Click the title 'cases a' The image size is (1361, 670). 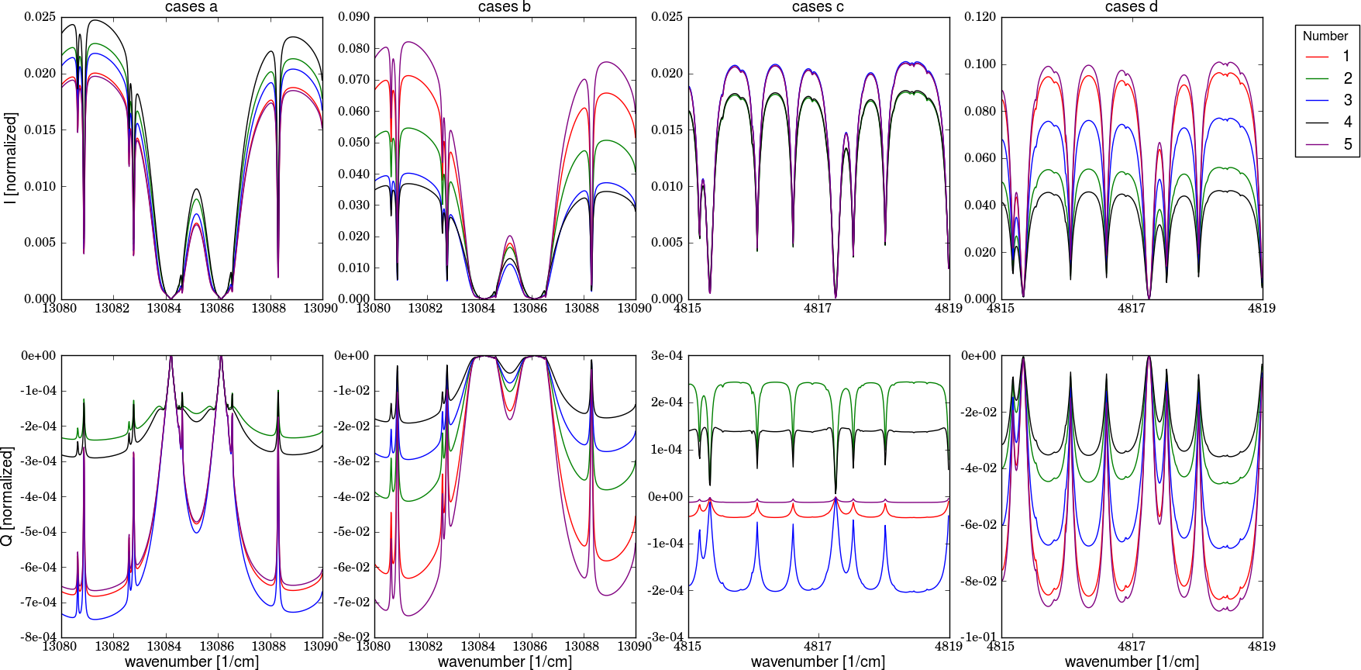[x=191, y=7]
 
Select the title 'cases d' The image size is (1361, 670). [x=1131, y=7]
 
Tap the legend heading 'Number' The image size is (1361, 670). [x=1325, y=36]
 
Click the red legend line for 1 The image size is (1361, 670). [x=1317, y=57]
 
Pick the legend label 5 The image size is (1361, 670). [x=1348, y=144]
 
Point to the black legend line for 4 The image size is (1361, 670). [x=1317, y=123]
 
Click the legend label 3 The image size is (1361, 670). [x=1348, y=100]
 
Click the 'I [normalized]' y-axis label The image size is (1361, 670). [x=10, y=157]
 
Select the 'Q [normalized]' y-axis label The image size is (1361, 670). [x=8, y=496]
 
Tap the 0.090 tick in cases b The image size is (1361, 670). [x=354, y=17]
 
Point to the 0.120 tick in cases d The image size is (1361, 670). [x=980, y=17]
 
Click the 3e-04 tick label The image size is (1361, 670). [x=667, y=356]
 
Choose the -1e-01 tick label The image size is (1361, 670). [x=979, y=637]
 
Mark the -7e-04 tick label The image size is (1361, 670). [x=39, y=603]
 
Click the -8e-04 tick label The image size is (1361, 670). [x=39, y=637]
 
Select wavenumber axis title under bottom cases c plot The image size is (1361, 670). [x=818, y=661]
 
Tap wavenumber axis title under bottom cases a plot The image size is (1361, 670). [x=191, y=661]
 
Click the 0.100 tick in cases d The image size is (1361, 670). [x=980, y=64]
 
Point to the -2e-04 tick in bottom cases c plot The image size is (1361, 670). [x=666, y=591]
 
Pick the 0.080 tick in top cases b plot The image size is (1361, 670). [x=354, y=49]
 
